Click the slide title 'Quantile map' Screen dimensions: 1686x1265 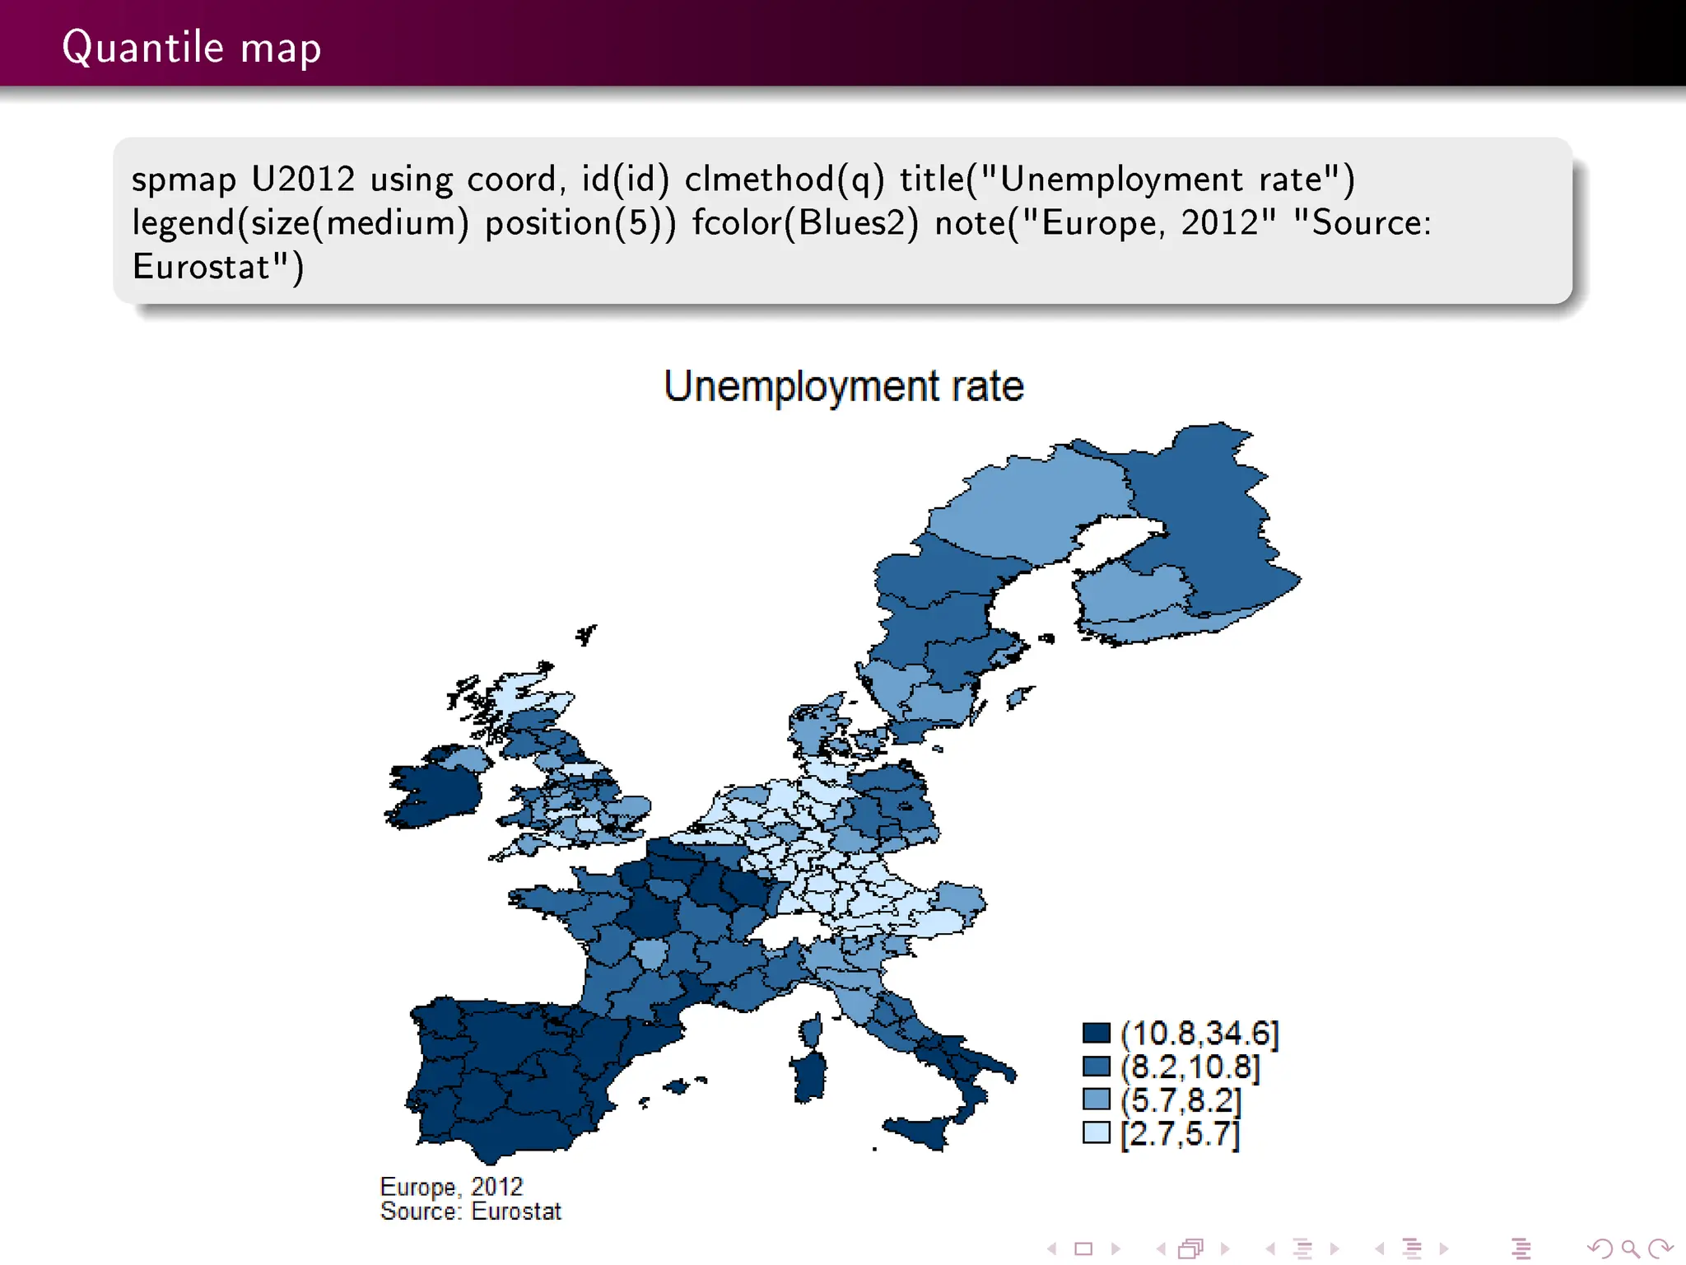(x=191, y=47)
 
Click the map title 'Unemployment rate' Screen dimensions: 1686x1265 (x=843, y=386)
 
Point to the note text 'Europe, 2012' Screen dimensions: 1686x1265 (x=451, y=1187)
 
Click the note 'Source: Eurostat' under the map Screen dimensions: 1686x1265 (x=470, y=1211)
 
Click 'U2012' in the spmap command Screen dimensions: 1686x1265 (x=303, y=179)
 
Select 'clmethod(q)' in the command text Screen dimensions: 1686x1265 (x=784, y=179)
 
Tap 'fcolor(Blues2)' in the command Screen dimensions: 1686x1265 (x=804, y=223)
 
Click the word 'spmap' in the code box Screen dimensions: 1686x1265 (x=184, y=180)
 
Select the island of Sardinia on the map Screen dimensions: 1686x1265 (x=809, y=1075)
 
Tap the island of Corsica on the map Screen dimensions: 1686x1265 (x=811, y=1029)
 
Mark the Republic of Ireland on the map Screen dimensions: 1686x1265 (x=432, y=795)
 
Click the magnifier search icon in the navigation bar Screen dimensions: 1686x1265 (x=1629, y=1249)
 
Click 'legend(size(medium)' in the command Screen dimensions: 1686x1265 (x=300, y=223)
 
